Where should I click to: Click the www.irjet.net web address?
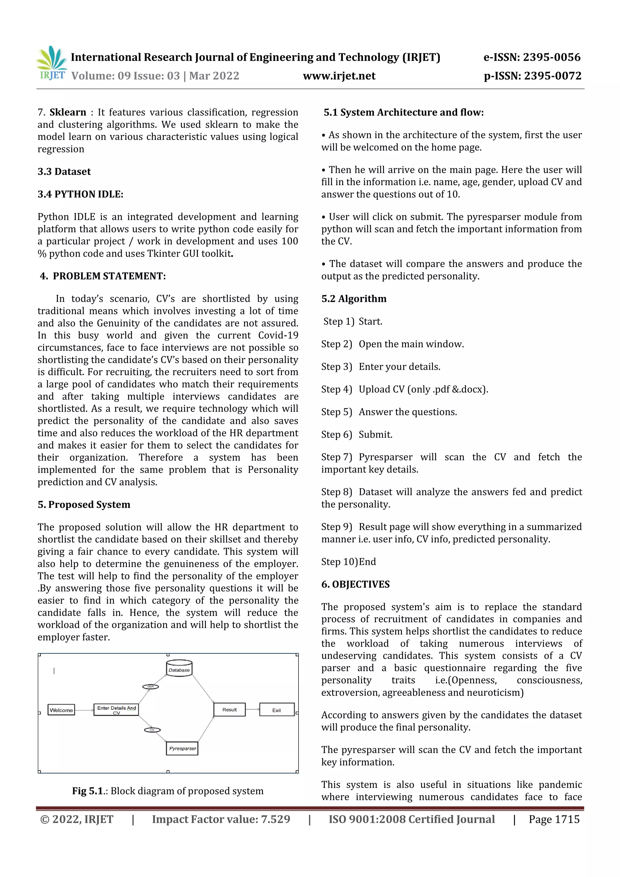coord(339,76)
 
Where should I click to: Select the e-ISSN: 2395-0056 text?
coord(532,57)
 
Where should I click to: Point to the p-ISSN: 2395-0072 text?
coord(532,76)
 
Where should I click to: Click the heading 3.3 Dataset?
coord(64,172)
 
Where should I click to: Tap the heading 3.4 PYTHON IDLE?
coord(80,194)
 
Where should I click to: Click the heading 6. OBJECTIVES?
coord(355,584)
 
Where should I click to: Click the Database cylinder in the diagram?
coord(179,668)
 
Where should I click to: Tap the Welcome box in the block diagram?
coord(61,710)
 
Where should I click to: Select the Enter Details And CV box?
coord(116,709)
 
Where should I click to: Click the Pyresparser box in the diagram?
coord(182,748)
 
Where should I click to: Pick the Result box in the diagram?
coord(229,709)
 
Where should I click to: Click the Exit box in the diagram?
coord(277,710)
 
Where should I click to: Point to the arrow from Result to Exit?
coord(252,709)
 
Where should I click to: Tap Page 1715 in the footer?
coord(554,819)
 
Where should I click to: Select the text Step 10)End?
coord(348,562)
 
